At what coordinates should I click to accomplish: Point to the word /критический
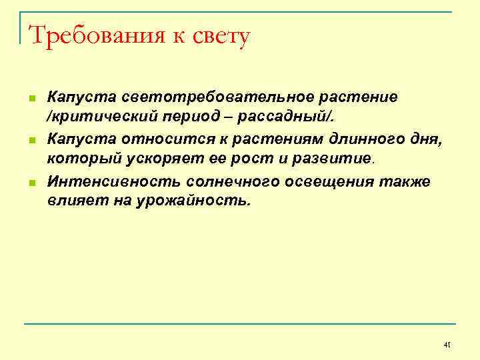(x=93, y=117)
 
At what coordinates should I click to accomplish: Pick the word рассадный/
(x=278, y=117)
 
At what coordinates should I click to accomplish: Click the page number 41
(x=447, y=344)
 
